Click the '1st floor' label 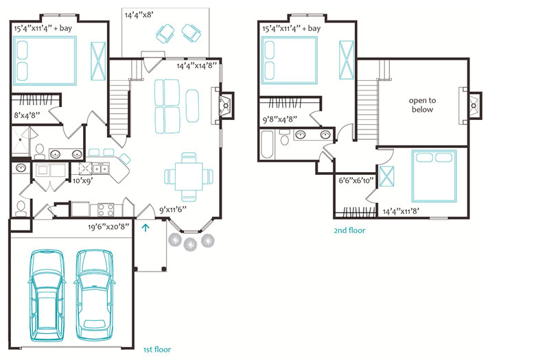click(157, 349)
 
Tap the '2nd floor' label click(349, 230)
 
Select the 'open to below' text click(422, 105)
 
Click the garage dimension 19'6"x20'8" click(108, 227)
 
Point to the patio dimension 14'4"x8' click(139, 15)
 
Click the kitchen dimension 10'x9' click(82, 181)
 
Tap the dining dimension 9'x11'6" click(173, 210)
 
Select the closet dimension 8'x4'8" click(27, 115)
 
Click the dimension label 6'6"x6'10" click(356, 180)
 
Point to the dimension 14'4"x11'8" click(401, 211)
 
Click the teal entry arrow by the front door click(145, 228)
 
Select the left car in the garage click(47, 296)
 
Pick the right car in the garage click(94, 296)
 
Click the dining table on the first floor click(189, 177)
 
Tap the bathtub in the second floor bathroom click(268, 145)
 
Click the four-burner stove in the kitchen click(106, 210)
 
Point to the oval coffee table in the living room click(192, 106)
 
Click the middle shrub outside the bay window click(190, 244)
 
